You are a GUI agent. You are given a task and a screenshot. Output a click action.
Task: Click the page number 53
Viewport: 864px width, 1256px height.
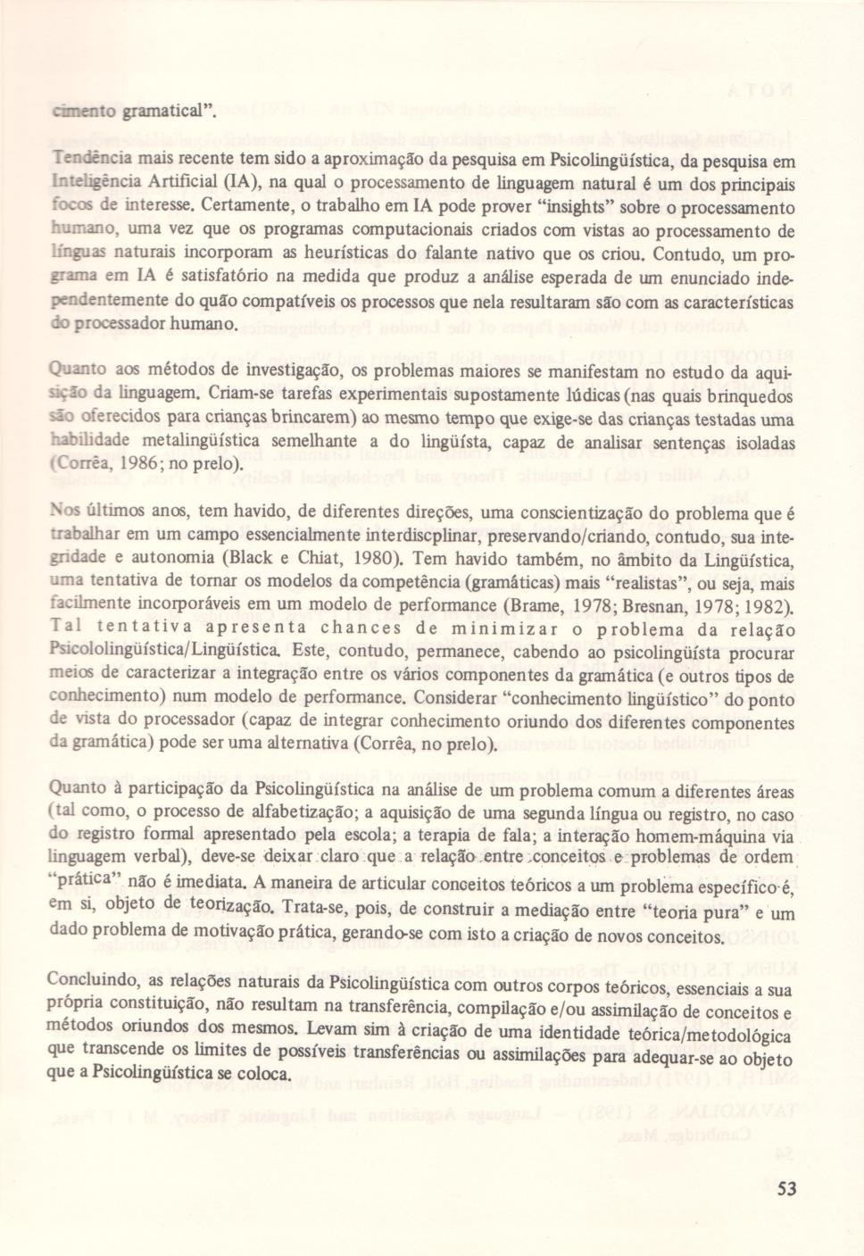786,1188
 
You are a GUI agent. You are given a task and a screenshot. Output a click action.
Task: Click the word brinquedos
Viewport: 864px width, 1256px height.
749,394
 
